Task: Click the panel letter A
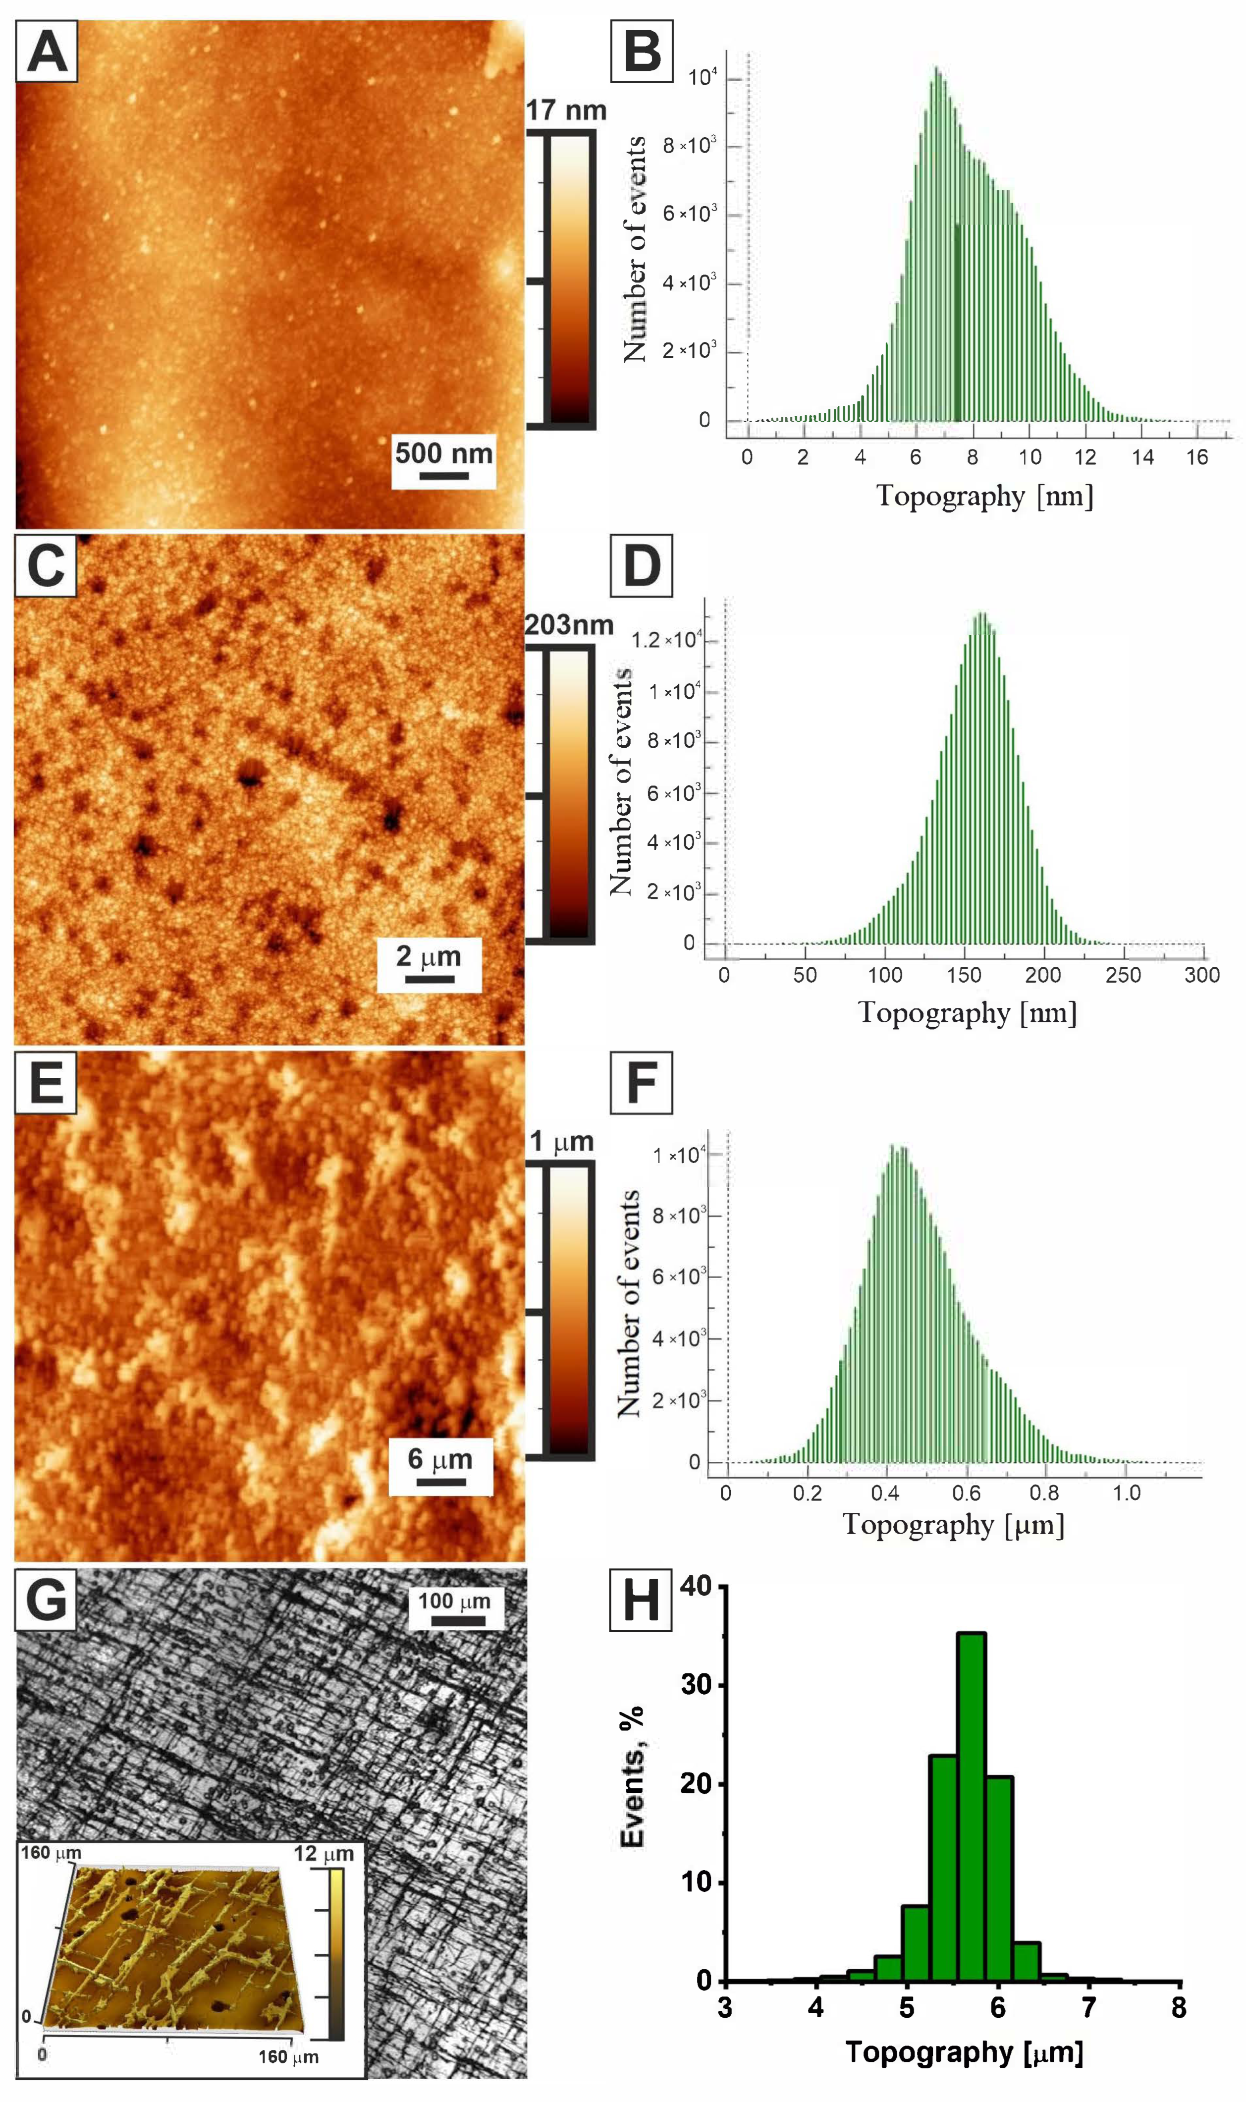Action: [x=47, y=52]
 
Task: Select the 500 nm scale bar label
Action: [x=443, y=453]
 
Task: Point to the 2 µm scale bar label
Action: [x=428, y=956]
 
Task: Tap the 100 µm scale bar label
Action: [x=454, y=1601]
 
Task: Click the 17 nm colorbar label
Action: [x=566, y=110]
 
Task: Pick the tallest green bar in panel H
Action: [x=971, y=1806]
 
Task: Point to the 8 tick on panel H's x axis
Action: [x=1179, y=2007]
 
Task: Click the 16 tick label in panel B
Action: [x=1196, y=457]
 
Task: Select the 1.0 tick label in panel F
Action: [x=1126, y=1493]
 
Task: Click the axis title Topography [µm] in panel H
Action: [x=964, y=2051]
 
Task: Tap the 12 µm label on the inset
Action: [x=323, y=1853]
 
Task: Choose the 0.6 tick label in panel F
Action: [x=966, y=1493]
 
